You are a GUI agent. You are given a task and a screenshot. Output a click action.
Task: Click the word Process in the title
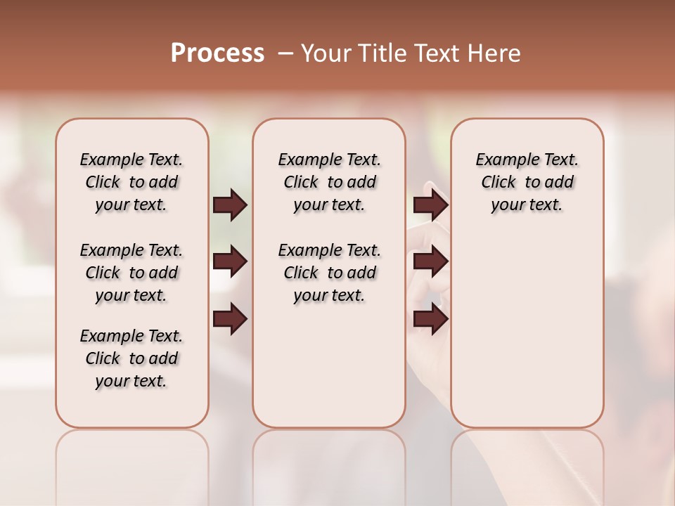tap(217, 53)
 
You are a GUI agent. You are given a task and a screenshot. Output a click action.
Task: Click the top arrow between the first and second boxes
tap(230, 205)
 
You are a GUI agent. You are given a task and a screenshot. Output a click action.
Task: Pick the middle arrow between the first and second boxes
tap(230, 262)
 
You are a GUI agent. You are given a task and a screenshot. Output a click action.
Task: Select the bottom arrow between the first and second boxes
tap(230, 320)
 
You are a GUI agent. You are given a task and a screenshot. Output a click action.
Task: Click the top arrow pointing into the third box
tap(430, 205)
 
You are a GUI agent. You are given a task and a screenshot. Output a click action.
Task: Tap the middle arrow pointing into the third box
tap(430, 262)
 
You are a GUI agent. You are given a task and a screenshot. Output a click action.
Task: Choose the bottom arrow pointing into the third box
tap(430, 320)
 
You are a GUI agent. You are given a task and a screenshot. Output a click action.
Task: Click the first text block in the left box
tap(131, 182)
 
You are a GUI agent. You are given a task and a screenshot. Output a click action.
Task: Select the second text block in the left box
tap(131, 273)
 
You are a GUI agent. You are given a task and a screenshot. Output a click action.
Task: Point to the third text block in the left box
tap(131, 358)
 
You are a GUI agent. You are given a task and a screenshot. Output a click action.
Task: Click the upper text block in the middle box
tap(329, 182)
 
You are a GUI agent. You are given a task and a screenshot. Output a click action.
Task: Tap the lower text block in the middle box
tap(329, 273)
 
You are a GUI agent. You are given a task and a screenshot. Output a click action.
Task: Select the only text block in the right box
tap(527, 182)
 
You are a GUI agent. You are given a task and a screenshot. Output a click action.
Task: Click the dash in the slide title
tap(285, 53)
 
